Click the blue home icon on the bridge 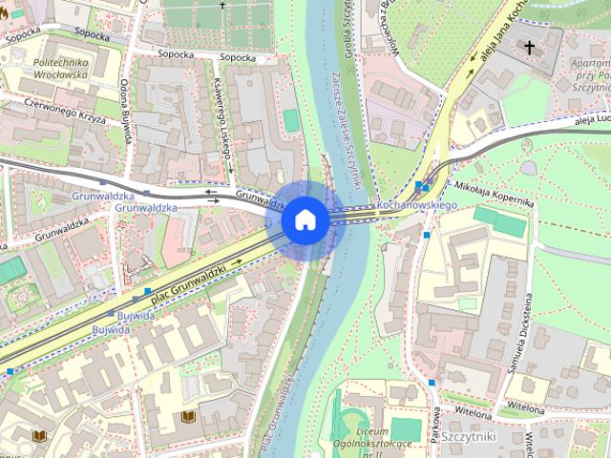point(305,220)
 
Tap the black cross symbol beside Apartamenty point(529,47)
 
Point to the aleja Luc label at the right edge point(592,119)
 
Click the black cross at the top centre point(224,6)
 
